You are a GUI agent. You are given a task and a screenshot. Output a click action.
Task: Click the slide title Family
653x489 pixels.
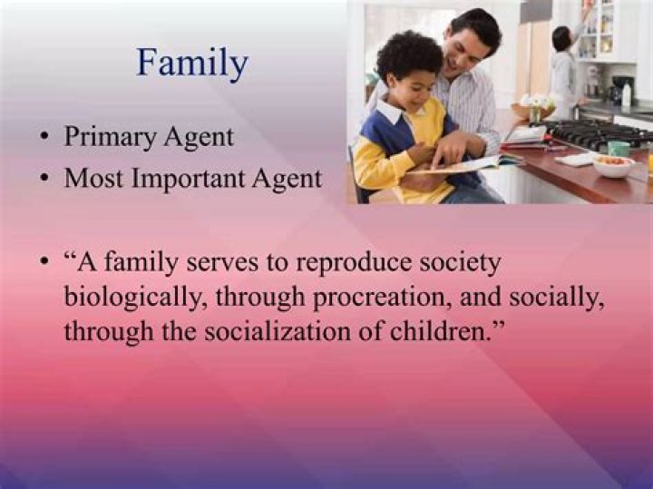191,64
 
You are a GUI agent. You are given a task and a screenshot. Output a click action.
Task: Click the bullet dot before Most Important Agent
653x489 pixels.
44,180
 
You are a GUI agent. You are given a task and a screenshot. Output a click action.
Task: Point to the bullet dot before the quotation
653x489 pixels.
44,263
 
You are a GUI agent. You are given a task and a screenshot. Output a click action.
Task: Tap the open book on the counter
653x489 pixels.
481,163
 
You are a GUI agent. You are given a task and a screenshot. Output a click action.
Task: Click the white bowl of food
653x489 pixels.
614,166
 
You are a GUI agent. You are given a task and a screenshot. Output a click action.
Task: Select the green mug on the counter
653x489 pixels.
619,147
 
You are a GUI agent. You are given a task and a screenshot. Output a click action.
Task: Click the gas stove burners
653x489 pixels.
594,134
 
